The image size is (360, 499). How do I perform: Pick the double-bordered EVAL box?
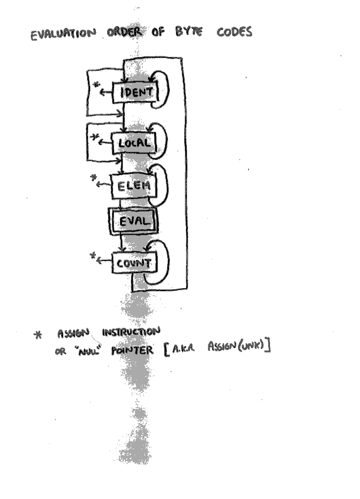pos(133,222)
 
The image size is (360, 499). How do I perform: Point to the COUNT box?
pos(133,263)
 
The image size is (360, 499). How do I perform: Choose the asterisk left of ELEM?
pos(93,177)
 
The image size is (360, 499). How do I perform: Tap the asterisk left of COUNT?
pos(92,256)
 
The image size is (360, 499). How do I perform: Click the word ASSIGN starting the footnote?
pos(73,332)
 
